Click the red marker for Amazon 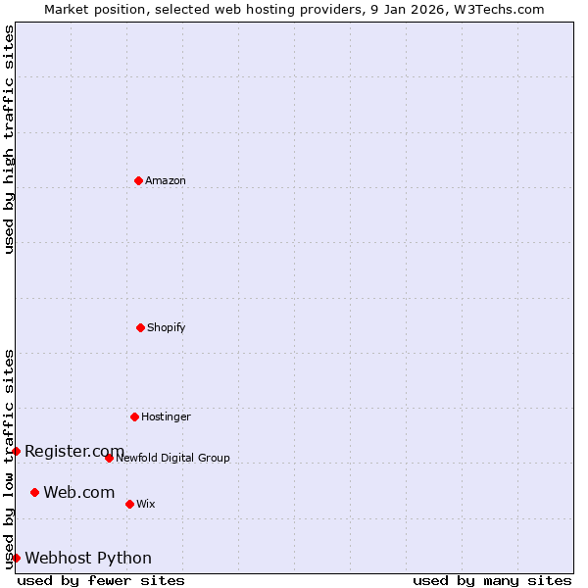(138, 180)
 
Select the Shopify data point (140, 327)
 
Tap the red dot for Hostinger (134, 416)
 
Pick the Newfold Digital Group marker (109, 458)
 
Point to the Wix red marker (129, 504)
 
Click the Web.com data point (34, 492)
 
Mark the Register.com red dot (16, 451)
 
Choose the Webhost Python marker (16, 558)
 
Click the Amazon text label (166, 180)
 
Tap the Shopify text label (167, 327)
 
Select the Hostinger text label (166, 416)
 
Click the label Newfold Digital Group (172, 458)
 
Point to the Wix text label (146, 504)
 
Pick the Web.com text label (79, 492)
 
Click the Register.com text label (74, 451)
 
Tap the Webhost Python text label (88, 558)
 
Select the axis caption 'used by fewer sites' (101, 580)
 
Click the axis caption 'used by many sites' (492, 580)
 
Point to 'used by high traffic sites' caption (9, 140)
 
